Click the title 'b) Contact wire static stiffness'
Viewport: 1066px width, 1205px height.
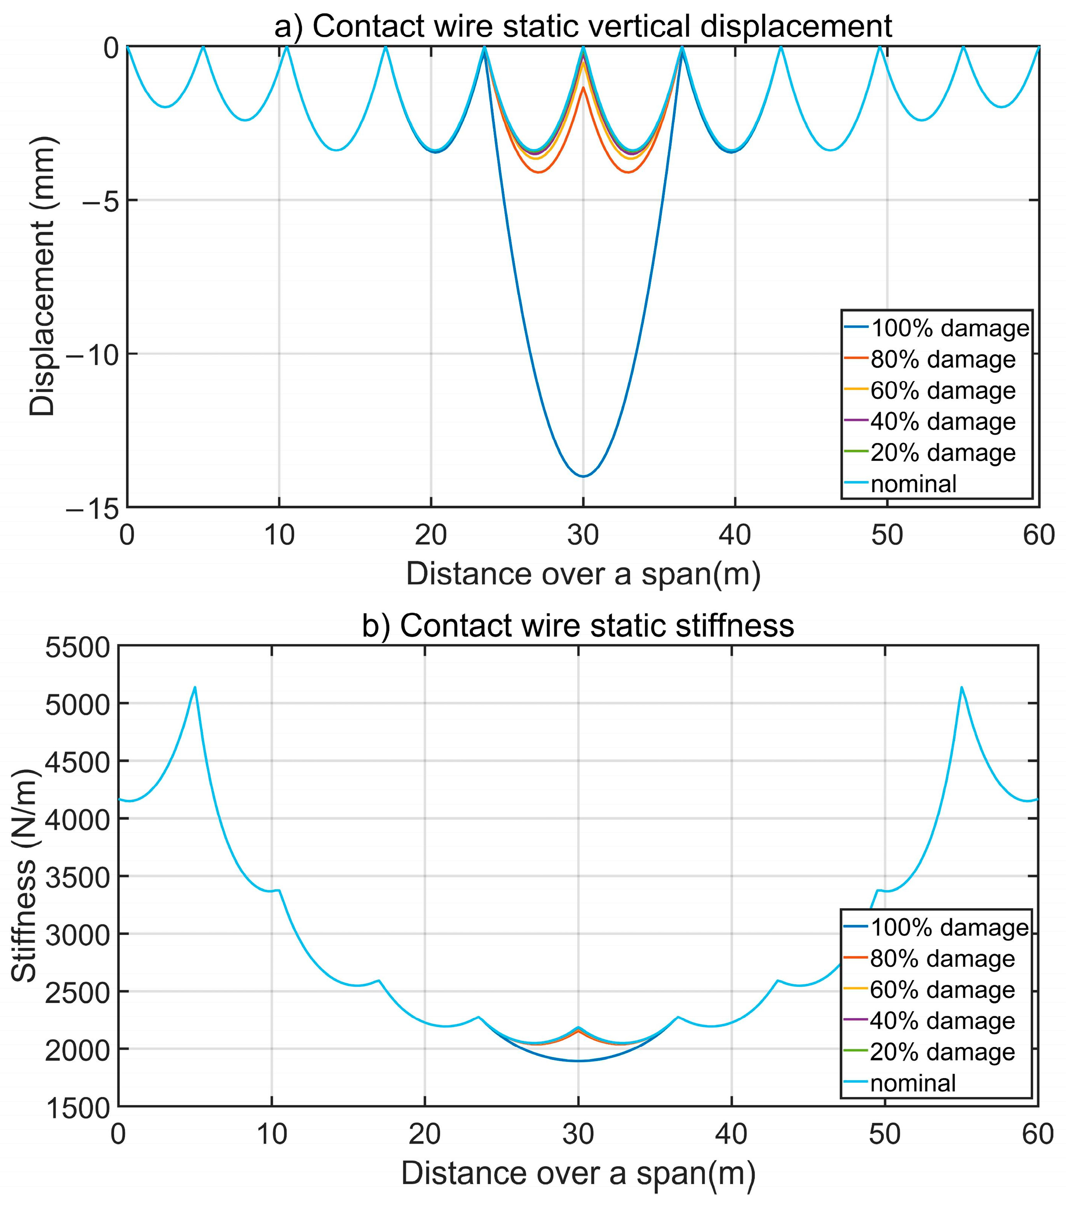pyautogui.click(x=577, y=625)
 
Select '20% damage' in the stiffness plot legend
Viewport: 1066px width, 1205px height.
pyautogui.click(x=942, y=1052)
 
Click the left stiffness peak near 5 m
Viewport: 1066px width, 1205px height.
pyautogui.click(x=195, y=687)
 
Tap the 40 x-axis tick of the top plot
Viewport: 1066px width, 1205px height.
pyautogui.click(x=735, y=536)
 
